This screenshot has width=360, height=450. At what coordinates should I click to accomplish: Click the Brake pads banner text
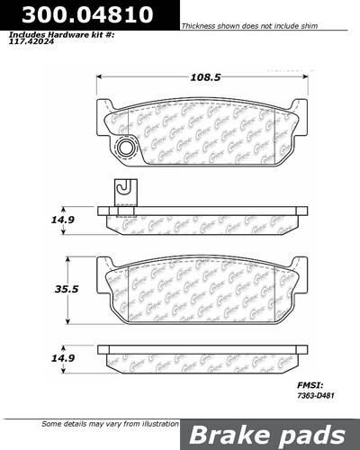click(269, 434)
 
